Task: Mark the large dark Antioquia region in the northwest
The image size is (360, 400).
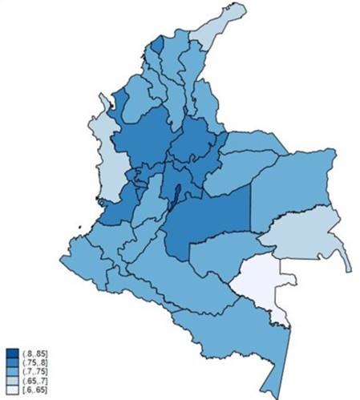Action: coord(144,136)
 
